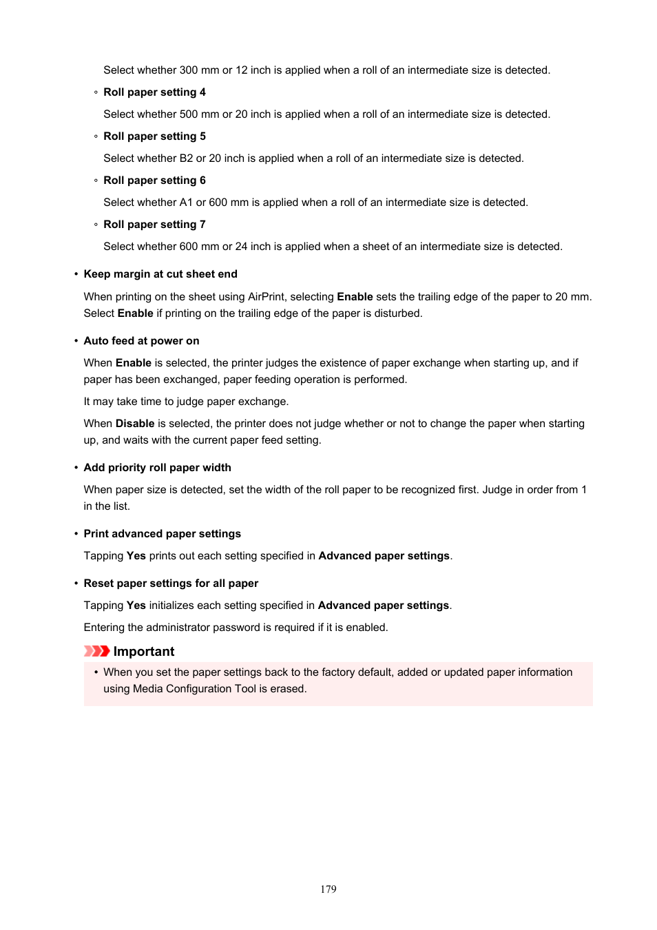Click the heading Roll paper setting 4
pyautogui.click(x=154, y=92)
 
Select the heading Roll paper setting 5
pyautogui.click(x=154, y=136)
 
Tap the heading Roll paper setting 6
pyautogui.click(x=154, y=180)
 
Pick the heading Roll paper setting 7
pyautogui.click(x=154, y=225)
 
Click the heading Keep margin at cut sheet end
pyautogui.click(x=160, y=274)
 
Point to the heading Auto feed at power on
pyautogui.click(x=141, y=341)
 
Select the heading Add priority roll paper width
pyautogui.click(x=157, y=468)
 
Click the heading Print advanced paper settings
pyautogui.click(x=162, y=534)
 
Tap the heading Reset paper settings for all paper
pyautogui.click(x=171, y=583)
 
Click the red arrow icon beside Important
pyautogui.click(x=96, y=652)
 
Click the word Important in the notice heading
pyautogui.click(x=144, y=652)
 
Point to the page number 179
pyautogui.click(x=328, y=889)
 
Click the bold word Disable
pyautogui.click(x=134, y=424)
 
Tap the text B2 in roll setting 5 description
pyautogui.click(x=186, y=158)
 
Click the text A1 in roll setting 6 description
pyautogui.click(x=186, y=203)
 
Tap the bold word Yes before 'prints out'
pyautogui.click(x=136, y=556)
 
